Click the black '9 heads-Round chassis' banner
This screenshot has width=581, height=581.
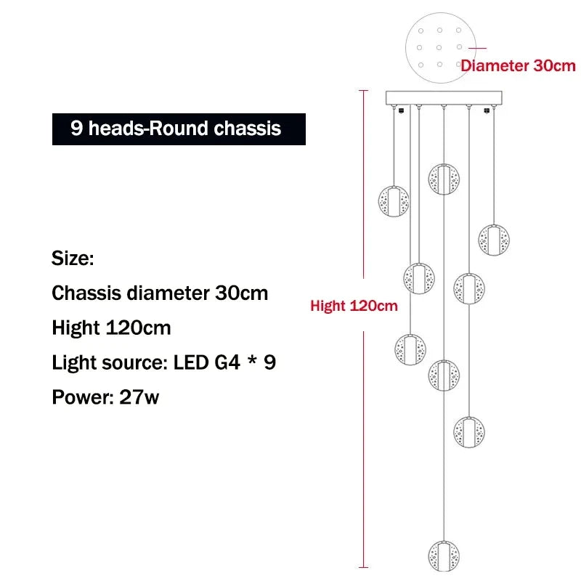179,129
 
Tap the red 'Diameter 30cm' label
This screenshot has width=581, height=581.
518,66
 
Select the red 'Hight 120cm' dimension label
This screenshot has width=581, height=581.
354,306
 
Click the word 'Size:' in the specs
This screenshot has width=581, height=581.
73,258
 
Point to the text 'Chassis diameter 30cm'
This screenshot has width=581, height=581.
160,293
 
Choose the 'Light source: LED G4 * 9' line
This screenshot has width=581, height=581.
164,362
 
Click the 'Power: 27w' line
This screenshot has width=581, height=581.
105,397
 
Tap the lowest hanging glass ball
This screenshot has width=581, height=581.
444,556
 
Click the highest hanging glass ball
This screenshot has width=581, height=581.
444,179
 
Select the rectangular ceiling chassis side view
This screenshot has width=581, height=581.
444,98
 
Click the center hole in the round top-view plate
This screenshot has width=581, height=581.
439,48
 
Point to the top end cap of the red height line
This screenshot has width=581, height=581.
364,90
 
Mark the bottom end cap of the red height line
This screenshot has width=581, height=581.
364,567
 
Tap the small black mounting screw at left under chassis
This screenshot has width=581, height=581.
401,110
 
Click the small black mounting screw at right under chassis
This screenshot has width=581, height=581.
487,110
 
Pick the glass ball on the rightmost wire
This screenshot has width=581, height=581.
494,240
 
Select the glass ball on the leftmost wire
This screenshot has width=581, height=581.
394,201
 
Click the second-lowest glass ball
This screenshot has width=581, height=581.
468,432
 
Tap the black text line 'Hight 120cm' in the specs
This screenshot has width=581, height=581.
111,328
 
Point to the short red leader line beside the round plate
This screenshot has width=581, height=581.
477,48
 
